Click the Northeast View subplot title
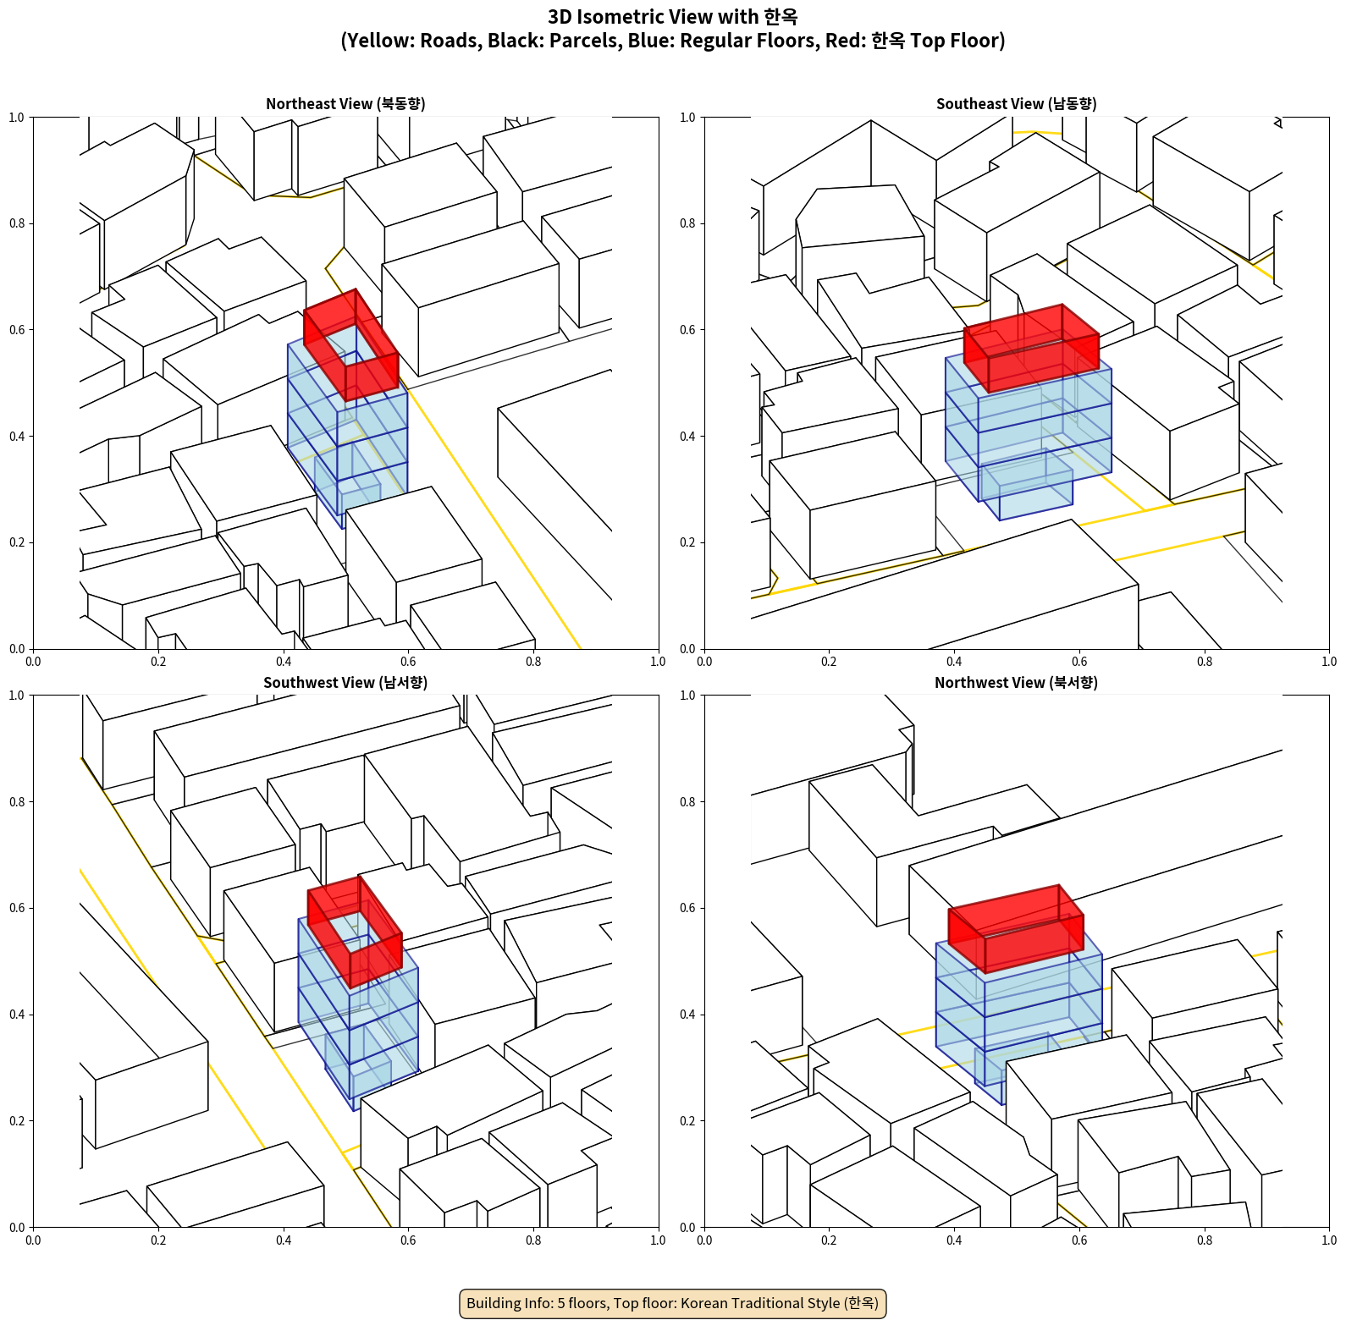pyautogui.click(x=345, y=104)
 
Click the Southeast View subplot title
pyautogui.click(x=1016, y=104)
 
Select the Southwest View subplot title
pyautogui.click(x=345, y=683)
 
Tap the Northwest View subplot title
pyautogui.click(x=1016, y=683)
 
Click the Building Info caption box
pyautogui.click(x=673, y=1303)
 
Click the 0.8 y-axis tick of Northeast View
pyautogui.click(x=17, y=223)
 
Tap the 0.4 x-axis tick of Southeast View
pyautogui.click(x=954, y=662)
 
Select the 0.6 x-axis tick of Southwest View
pyautogui.click(x=408, y=1240)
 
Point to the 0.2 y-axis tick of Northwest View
pyautogui.click(x=687, y=1121)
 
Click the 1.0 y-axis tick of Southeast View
pyautogui.click(x=687, y=118)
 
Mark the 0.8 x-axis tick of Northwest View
pyautogui.click(x=1205, y=1240)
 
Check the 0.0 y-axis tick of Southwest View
pyautogui.click(x=17, y=1228)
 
